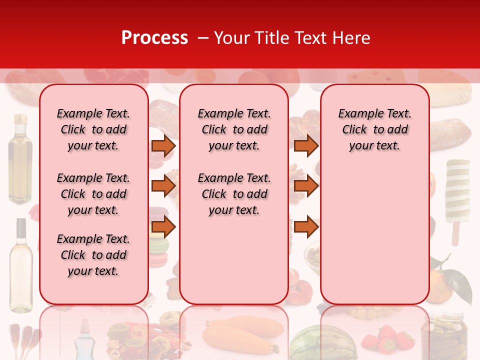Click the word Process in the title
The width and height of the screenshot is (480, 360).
click(x=154, y=38)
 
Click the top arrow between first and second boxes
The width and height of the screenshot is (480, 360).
click(x=163, y=145)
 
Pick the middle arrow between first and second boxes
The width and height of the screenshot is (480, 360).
click(x=163, y=186)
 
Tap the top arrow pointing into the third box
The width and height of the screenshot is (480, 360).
click(x=306, y=145)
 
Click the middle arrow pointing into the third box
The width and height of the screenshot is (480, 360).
click(x=306, y=186)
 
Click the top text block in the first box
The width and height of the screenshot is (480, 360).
click(x=93, y=129)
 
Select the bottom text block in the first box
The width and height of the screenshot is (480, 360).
click(x=93, y=255)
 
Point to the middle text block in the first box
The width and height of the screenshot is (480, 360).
click(x=93, y=194)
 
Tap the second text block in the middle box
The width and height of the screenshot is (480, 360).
click(x=234, y=194)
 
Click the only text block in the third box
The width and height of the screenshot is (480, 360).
click(x=375, y=129)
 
